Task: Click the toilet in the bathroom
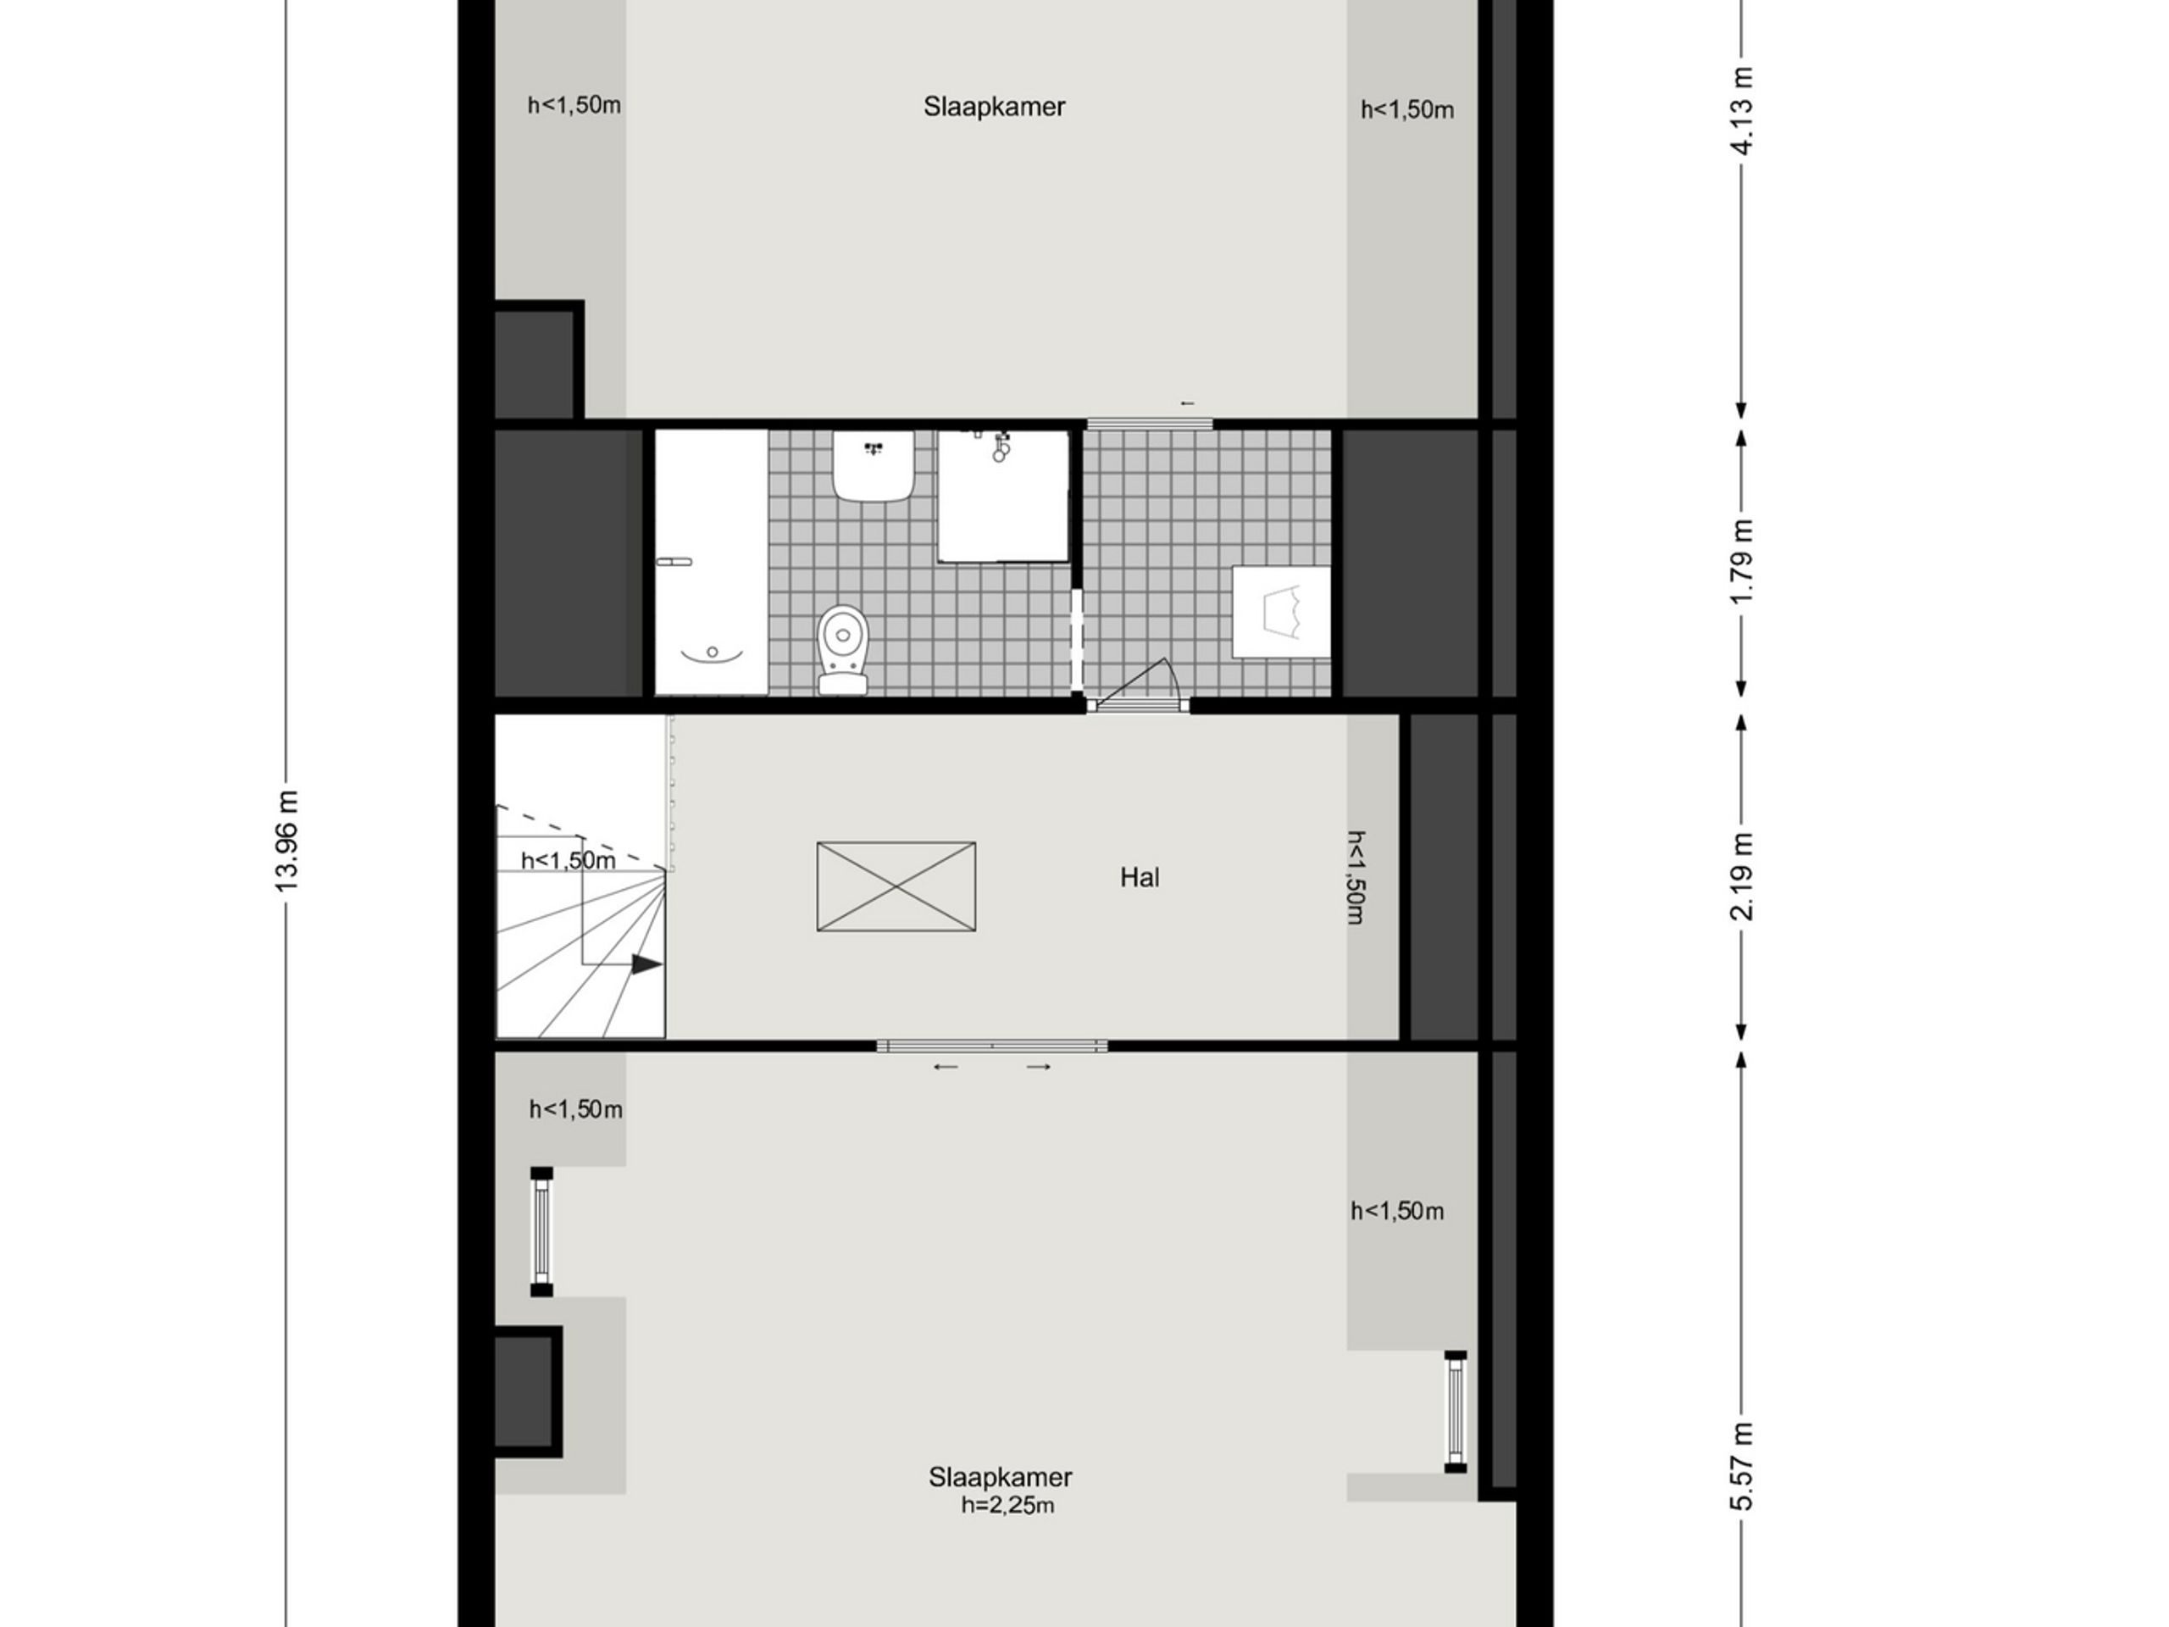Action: point(842,649)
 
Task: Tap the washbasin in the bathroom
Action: point(873,466)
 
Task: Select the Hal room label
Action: point(1140,877)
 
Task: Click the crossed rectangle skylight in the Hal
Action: point(896,886)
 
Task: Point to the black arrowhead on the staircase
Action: point(647,965)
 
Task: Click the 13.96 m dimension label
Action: point(286,841)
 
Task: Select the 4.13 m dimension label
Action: point(1741,111)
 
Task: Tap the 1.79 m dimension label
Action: point(1741,562)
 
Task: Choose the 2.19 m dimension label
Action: point(1741,877)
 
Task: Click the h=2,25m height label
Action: point(1007,1505)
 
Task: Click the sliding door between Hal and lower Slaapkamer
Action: point(991,1046)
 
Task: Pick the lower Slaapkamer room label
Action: point(1000,1476)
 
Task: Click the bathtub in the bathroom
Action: point(711,562)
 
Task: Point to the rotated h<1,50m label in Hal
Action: point(1357,878)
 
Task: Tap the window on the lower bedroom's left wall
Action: point(541,1232)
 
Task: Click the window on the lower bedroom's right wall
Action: point(1455,1411)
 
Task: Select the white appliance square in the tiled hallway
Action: point(1280,612)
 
